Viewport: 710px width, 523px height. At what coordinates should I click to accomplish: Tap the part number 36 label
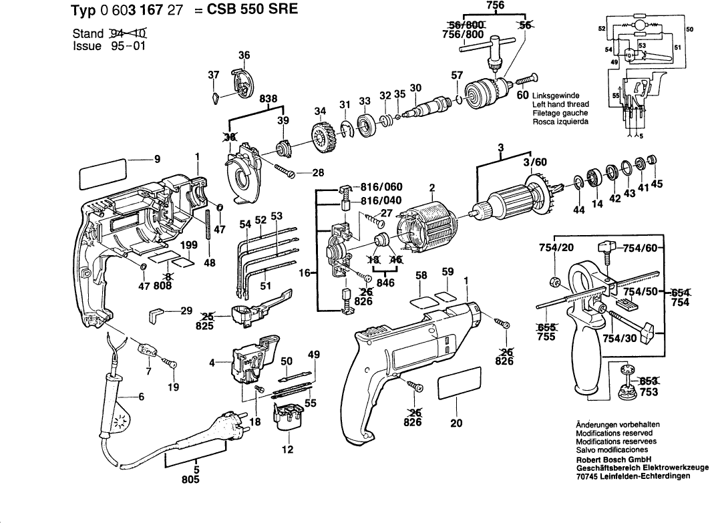(244, 55)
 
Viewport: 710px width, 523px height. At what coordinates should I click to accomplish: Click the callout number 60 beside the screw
(524, 96)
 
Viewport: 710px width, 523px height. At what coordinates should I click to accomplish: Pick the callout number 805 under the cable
(190, 480)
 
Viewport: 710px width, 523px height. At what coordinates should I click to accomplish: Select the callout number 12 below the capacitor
(287, 449)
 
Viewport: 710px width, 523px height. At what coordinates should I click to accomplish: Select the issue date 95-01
(125, 46)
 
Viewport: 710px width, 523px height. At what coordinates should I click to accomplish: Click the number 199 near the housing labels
(189, 245)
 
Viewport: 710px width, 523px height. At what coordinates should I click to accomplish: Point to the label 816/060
(381, 187)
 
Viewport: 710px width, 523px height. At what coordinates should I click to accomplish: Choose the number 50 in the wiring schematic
(689, 30)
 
